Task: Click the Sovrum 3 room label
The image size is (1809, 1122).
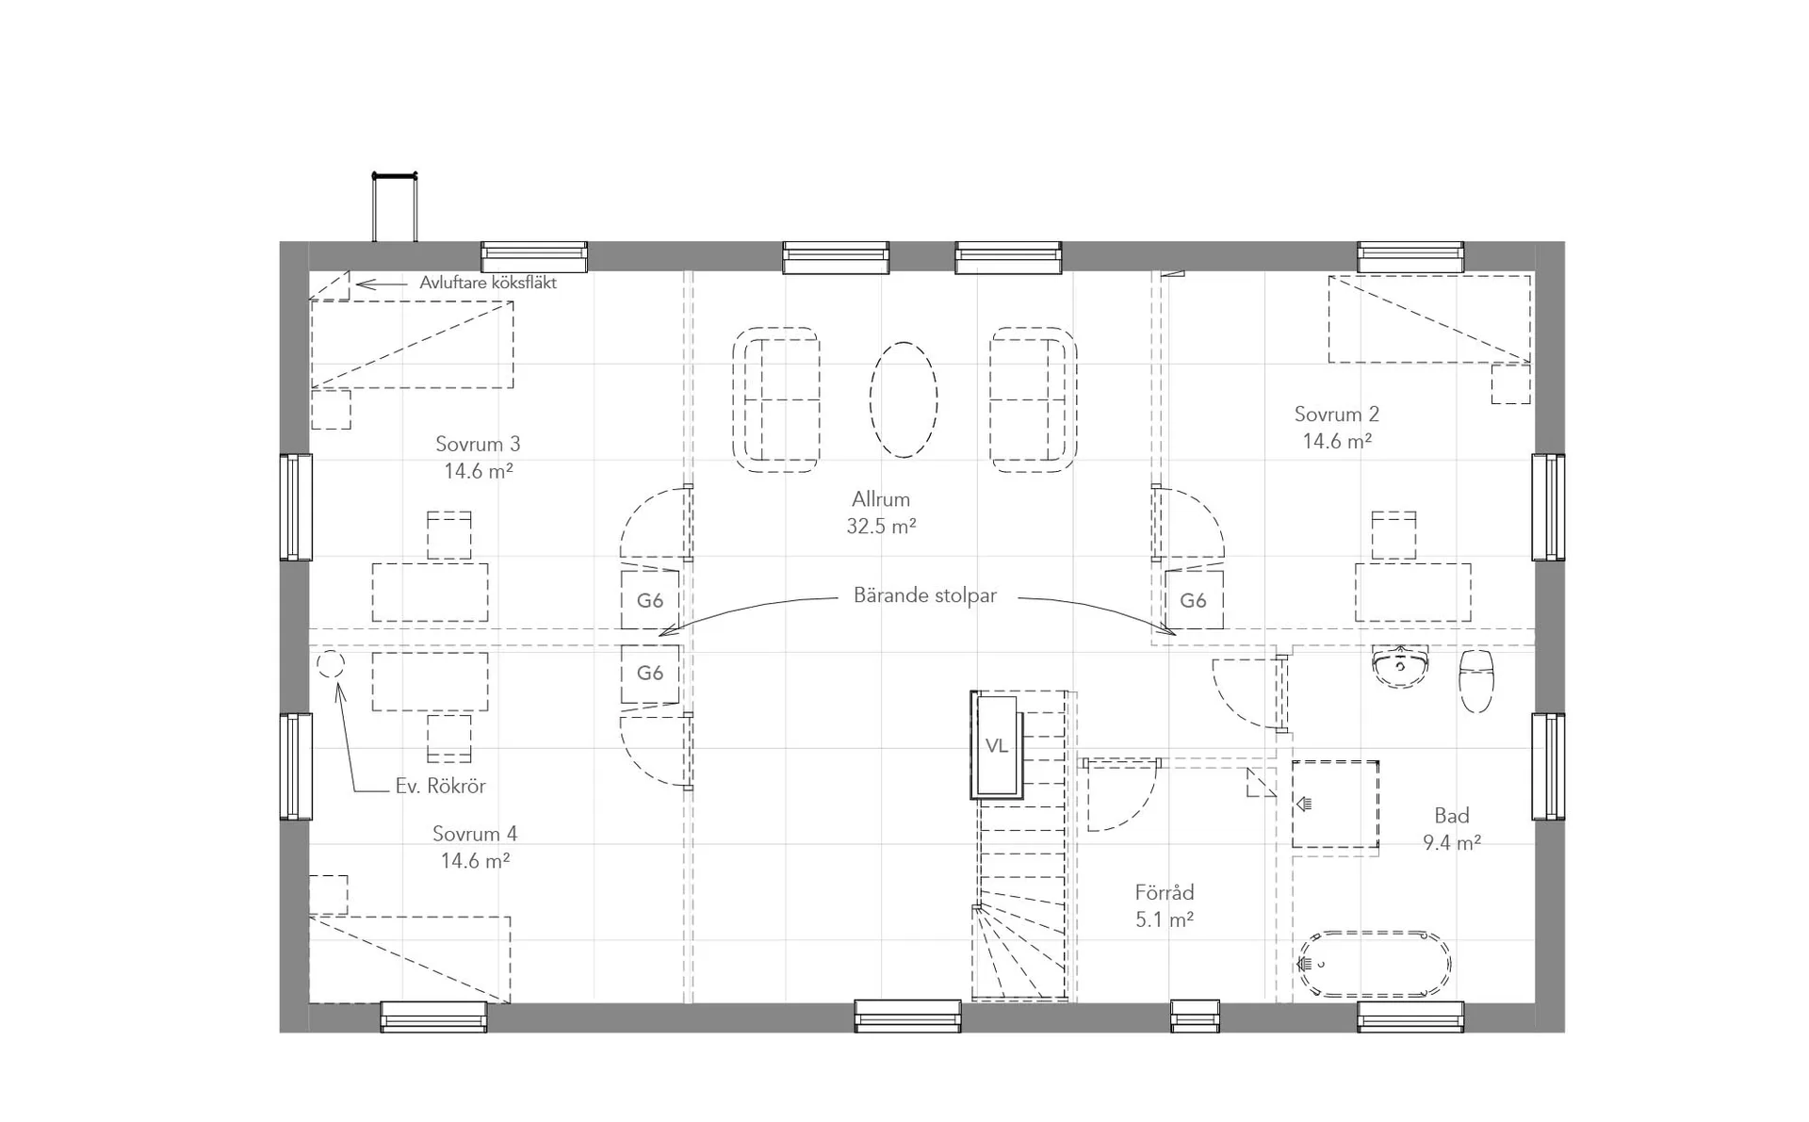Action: (x=478, y=444)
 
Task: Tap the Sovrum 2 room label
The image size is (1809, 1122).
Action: (x=1336, y=414)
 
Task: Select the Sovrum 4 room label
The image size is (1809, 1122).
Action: (x=475, y=834)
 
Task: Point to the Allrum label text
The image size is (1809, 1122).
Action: (x=881, y=499)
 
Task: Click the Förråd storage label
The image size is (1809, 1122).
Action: (x=1165, y=892)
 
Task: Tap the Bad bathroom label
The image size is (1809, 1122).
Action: (x=1452, y=816)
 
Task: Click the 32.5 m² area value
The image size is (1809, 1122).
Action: (x=881, y=527)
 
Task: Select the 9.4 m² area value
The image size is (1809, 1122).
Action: (x=1452, y=843)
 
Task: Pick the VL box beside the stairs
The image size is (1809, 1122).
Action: (x=997, y=745)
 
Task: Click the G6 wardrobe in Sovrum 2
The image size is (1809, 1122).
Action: (x=1194, y=600)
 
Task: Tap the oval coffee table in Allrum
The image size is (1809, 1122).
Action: (x=904, y=399)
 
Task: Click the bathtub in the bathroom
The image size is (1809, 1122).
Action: (x=1376, y=964)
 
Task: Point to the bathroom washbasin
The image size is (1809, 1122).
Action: (x=1401, y=665)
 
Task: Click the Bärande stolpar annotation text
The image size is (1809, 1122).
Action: (x=925, y=595)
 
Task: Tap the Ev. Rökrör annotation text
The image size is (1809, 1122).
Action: (x=440, y=786)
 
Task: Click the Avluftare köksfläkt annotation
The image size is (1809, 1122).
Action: (x=488, y=283)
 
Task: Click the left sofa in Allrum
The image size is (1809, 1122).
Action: (x=776, y=399)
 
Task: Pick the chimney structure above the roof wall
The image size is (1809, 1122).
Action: (x=395, y=207)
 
